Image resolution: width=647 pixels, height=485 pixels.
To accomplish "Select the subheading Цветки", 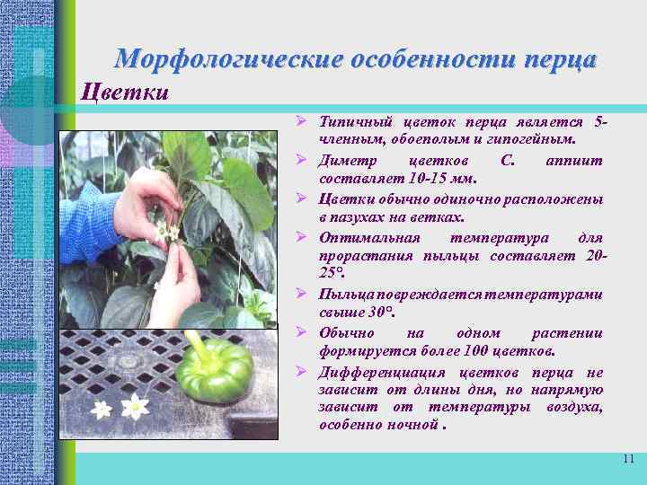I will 125,92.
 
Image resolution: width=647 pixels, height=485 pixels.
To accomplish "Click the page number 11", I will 628,459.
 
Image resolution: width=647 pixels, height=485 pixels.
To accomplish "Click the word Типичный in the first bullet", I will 349,121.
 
